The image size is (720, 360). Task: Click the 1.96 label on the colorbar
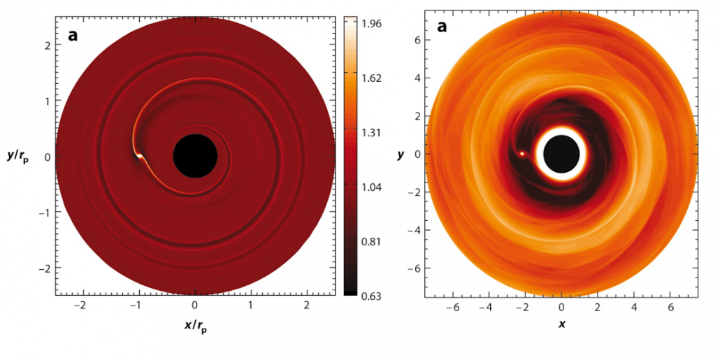(371, 24)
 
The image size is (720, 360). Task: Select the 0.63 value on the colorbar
(371, 296)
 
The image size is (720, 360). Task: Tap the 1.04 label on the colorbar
(371, 187)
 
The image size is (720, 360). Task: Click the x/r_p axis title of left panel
(194, 326)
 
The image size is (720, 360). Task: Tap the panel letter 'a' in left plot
(72, 33)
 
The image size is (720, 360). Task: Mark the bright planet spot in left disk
(139, 157)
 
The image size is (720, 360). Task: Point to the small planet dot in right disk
(522, 153)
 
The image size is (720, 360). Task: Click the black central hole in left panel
(194, 156)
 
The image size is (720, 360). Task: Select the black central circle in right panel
(561, 153)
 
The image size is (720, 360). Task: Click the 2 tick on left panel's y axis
(48, 45)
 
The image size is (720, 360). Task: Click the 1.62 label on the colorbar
(371, 78)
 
